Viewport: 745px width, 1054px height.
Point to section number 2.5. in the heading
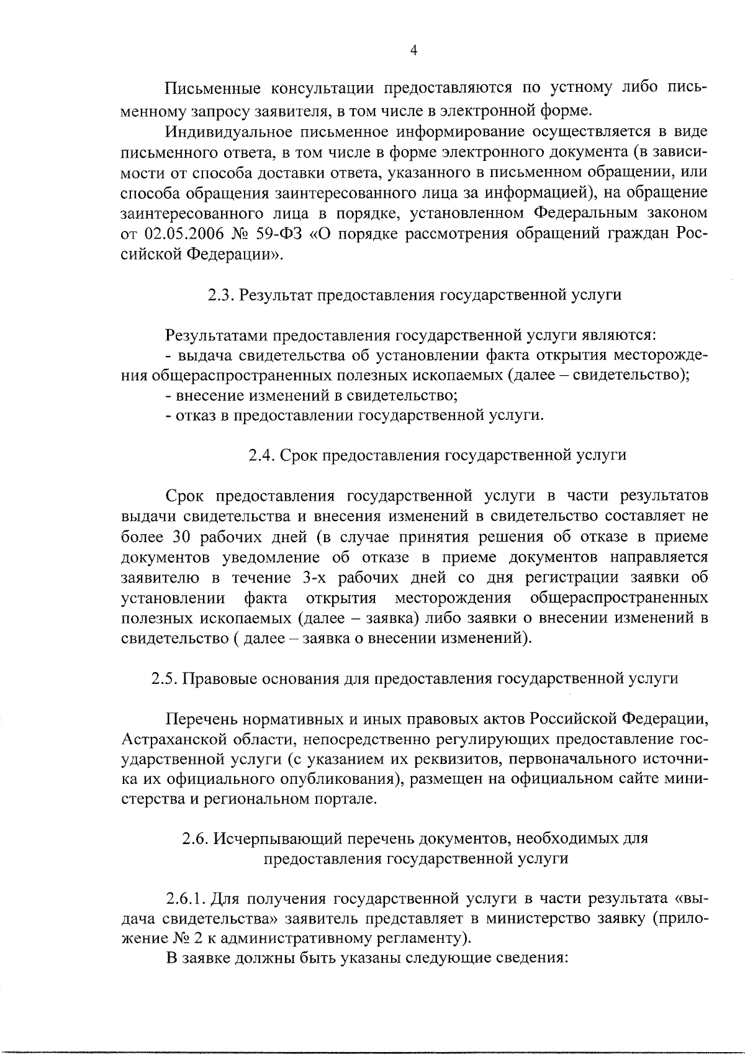(165, 678)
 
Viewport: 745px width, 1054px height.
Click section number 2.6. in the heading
(196, 838)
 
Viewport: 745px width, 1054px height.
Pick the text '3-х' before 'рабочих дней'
(315, 578)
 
